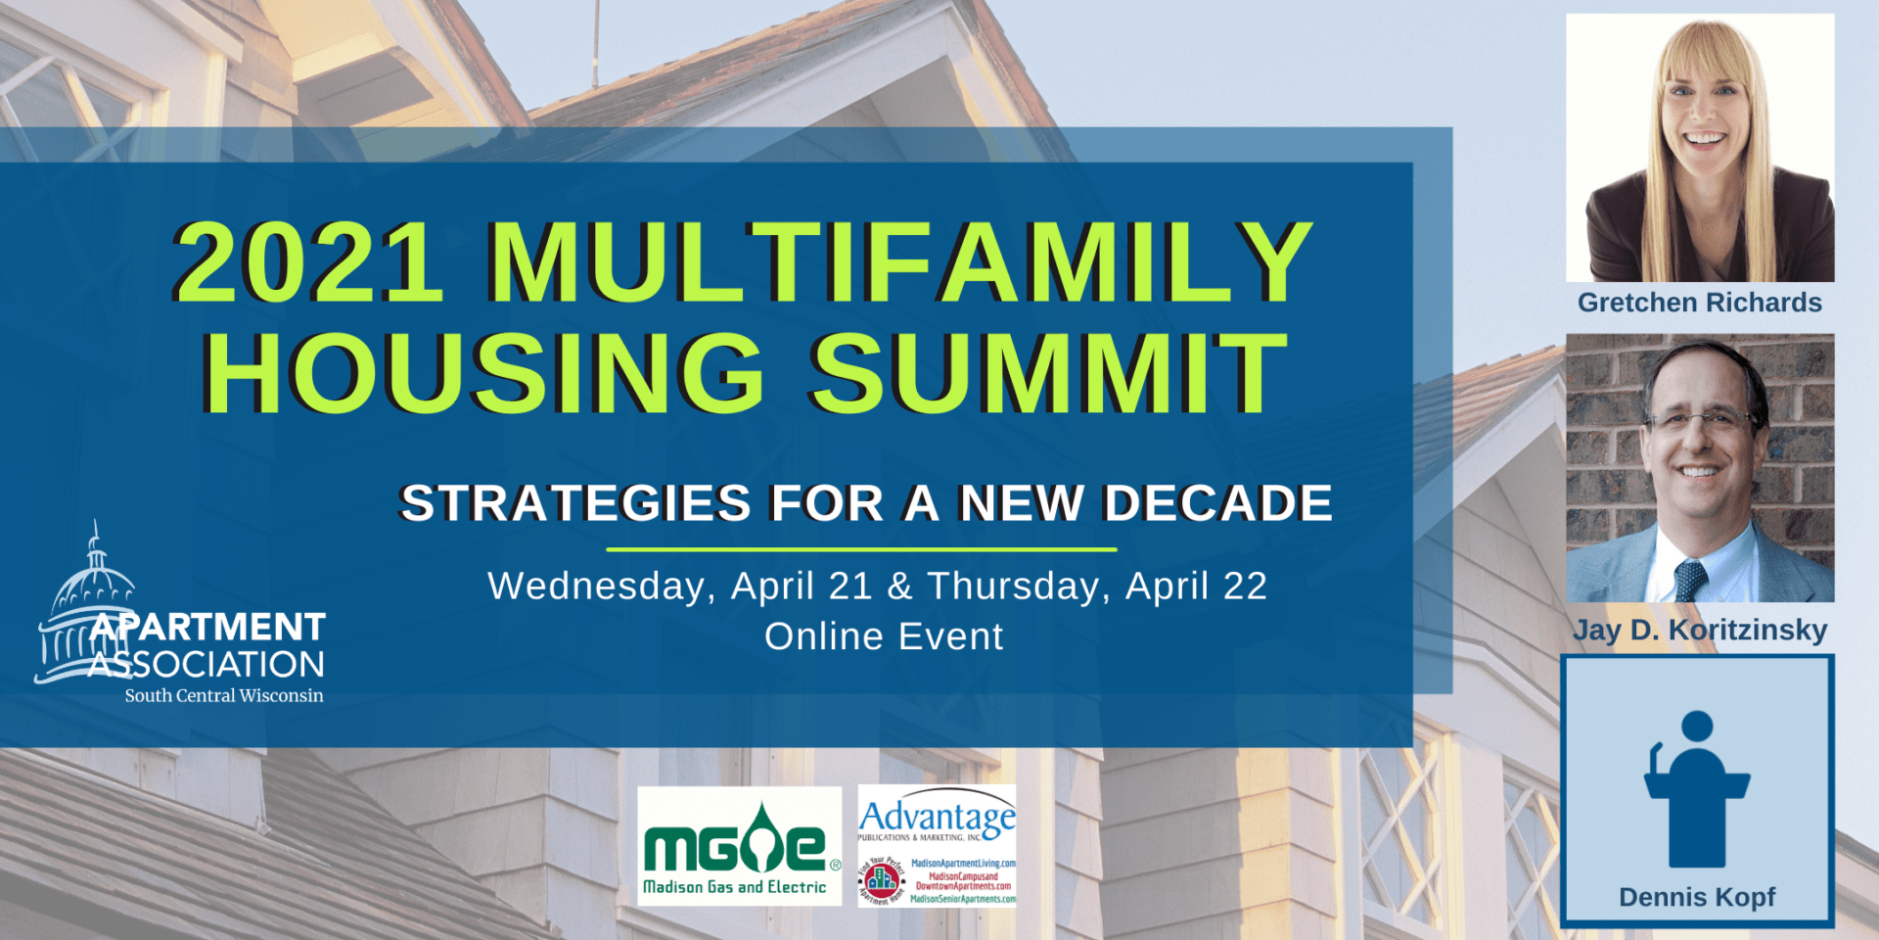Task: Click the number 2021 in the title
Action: click(x=308, y=262)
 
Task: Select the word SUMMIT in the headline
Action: click(x=1047, y=373)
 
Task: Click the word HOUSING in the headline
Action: click(x=483, y=373)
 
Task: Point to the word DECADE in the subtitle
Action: click(x=1217, y=503)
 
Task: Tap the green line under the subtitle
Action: click(x=861, y=549)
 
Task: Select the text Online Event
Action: click(x=883, y=636)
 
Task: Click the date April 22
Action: click(x=1196, y=586)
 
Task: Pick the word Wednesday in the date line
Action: click(x=596, y=586)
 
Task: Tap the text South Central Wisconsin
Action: click(x=223, y=695)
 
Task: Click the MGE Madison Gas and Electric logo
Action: click(x=739, y=847)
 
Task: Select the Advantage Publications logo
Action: click(x=937, y=846)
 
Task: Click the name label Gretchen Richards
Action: click(x=1699, y=303)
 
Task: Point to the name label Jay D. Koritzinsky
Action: click(x=1699, y=630)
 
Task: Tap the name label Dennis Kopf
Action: click(x=1696, y=897)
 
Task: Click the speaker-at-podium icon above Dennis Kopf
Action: click(x=1696, y=788)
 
